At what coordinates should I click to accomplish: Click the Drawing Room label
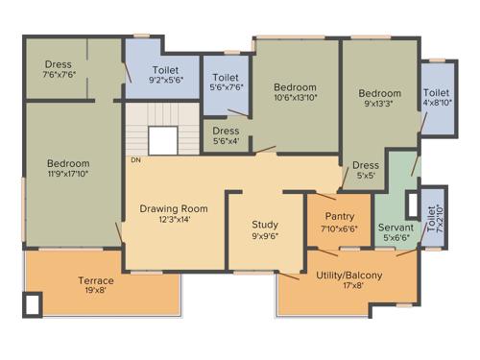point(173,208)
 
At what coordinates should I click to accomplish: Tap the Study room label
point(265,225)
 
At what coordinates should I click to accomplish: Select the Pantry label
point(340,216)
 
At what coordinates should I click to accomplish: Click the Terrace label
point(96,280)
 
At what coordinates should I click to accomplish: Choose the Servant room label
point(396,227)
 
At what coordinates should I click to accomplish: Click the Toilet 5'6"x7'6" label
point(226,78)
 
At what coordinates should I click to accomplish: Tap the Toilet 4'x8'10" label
point(436,93)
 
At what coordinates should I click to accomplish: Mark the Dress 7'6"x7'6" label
point(58,65)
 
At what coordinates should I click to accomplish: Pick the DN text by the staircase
point(135,160)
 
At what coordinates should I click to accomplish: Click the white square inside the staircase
point(162,141)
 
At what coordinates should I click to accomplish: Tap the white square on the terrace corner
point(33,305)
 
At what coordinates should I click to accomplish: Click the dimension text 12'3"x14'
point(173,220)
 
